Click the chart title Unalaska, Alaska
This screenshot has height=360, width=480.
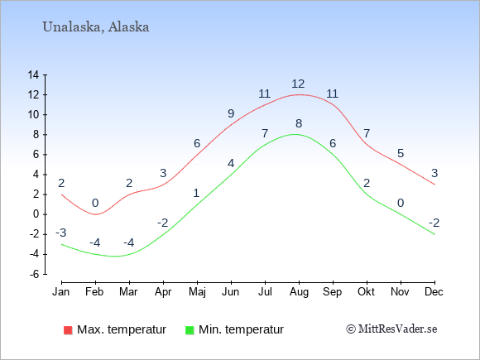(96, 27)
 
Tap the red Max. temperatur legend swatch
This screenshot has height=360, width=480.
(68, 330)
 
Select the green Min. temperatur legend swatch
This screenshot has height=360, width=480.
(190, 330)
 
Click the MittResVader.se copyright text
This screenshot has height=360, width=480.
(391, 329)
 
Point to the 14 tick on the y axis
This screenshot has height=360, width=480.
(33, 74)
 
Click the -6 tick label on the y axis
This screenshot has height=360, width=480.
(34, 274)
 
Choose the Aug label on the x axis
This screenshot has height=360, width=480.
(299, 292)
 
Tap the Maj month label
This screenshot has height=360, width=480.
(197, 292)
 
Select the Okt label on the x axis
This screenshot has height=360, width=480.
(366, 292)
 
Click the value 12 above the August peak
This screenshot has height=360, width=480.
(298, 84)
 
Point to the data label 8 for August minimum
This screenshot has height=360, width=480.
(299, 123)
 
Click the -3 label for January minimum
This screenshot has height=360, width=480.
(61, 233)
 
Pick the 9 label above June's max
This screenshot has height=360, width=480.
(231, 113)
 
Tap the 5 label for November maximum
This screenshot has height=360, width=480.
(401, 153)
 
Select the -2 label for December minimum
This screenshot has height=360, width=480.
(434, 223)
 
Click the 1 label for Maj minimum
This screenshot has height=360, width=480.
(196, 193)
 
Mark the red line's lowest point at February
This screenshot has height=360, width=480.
(95, 214)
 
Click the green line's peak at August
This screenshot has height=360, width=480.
(295, 134)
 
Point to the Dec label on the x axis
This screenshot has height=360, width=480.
(434, 292)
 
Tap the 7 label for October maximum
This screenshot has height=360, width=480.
(367, 133)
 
